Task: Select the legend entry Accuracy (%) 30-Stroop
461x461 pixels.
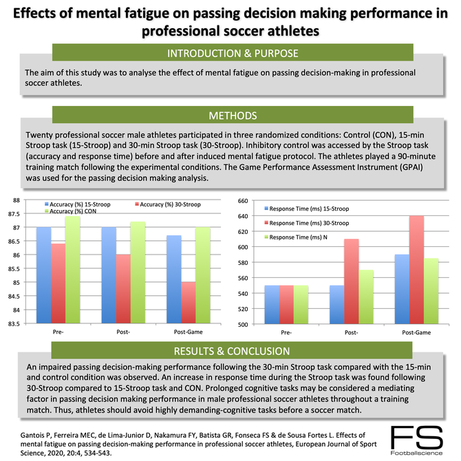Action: click(163, 204)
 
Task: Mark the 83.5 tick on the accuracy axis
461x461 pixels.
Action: click(13, 323)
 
